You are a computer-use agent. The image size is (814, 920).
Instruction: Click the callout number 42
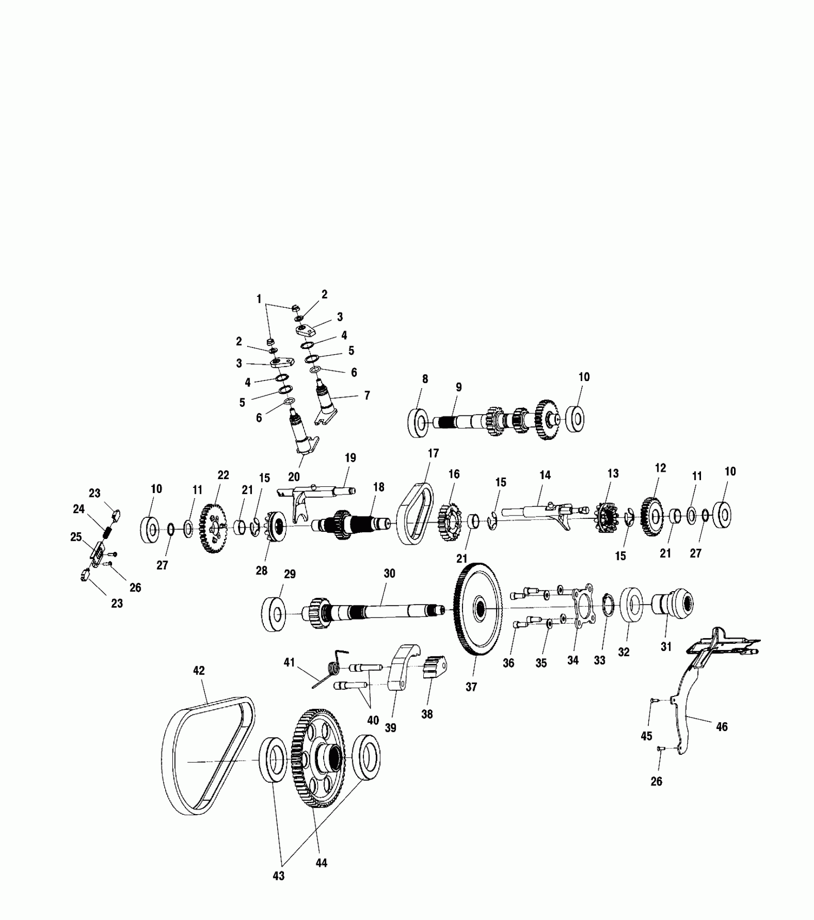point(199,671)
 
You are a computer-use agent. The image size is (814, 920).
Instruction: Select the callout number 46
point(721,727)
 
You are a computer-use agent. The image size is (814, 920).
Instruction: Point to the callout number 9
point(459,387)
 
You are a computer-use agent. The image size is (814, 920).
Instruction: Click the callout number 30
point(389,573)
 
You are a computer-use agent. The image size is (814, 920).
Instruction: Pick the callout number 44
point(321,863)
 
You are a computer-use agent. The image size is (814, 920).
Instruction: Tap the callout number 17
point(433,453)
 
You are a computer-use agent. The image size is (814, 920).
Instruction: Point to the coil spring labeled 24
point(108,532)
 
